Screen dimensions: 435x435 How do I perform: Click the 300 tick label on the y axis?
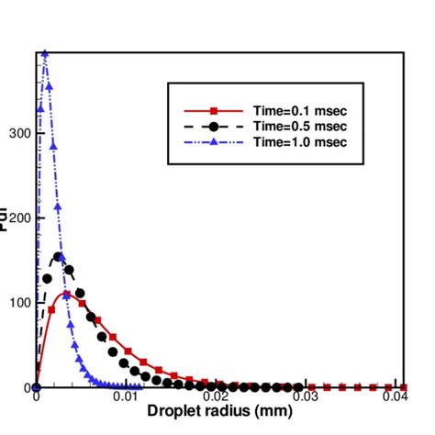[x=19, y=133]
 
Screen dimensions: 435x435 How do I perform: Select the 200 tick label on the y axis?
[x=19, y=217]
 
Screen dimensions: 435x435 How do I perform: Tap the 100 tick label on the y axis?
[x=19, y=302]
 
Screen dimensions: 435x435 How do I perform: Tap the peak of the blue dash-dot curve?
[x=43, y=55]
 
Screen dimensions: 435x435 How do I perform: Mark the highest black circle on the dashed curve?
[x=58, y=257]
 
